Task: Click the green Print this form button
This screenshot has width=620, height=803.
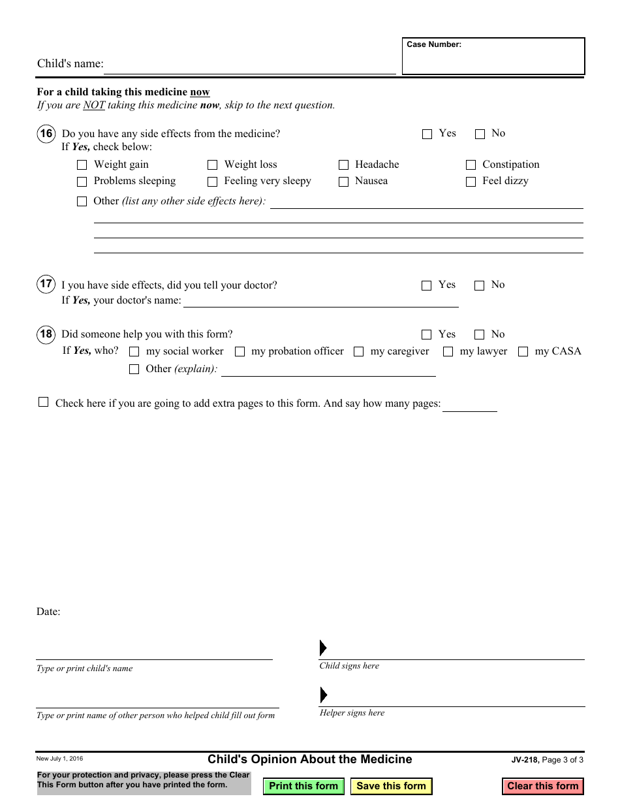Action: [303, 786]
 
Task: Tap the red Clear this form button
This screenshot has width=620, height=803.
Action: [542, 786]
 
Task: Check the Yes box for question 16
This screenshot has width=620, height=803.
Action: [427, 134]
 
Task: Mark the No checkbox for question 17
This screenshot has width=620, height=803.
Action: [480, 286]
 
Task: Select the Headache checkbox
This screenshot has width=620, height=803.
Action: [344, 165]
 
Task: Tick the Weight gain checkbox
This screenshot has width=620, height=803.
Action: [82, 165]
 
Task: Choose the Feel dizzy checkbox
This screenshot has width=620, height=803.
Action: [471, 182]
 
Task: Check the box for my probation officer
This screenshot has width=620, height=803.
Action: [240, 352]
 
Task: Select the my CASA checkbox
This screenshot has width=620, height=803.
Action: [523, 352]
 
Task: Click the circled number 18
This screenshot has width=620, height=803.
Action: [46, 335]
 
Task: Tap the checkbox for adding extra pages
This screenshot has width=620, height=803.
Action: [44, 403]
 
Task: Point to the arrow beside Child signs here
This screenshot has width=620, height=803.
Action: [323, 648]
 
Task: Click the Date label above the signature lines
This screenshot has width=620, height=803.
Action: [48, 612]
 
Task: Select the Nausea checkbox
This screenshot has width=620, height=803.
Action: [344, 182]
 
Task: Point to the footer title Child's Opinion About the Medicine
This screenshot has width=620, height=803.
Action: [310, 759]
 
